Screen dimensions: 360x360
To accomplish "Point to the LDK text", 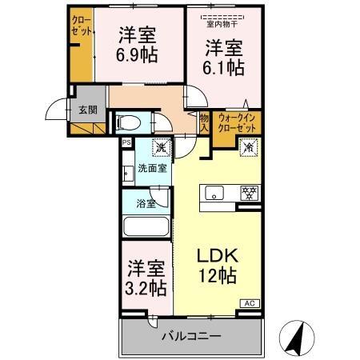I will coord(218,258).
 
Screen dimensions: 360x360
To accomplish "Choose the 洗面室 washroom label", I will coord(152,168).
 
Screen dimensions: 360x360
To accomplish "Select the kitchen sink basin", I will coord(214,193).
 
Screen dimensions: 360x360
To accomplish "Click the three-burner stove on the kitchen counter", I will coord(250,193).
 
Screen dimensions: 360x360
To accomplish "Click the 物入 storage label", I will coord(204,122).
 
